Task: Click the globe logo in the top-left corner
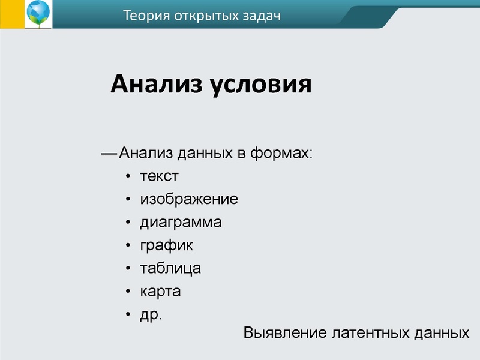tap(38, 14)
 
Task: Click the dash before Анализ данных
tap(109, 154)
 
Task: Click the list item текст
tap(159, 176)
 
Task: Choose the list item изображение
tap(189, 199)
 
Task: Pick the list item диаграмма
tap(181, 223)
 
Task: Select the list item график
tap(166, 245)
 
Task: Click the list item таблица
tap(170, 268)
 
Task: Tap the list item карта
tap(160, 292)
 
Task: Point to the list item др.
tap(151, 315)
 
